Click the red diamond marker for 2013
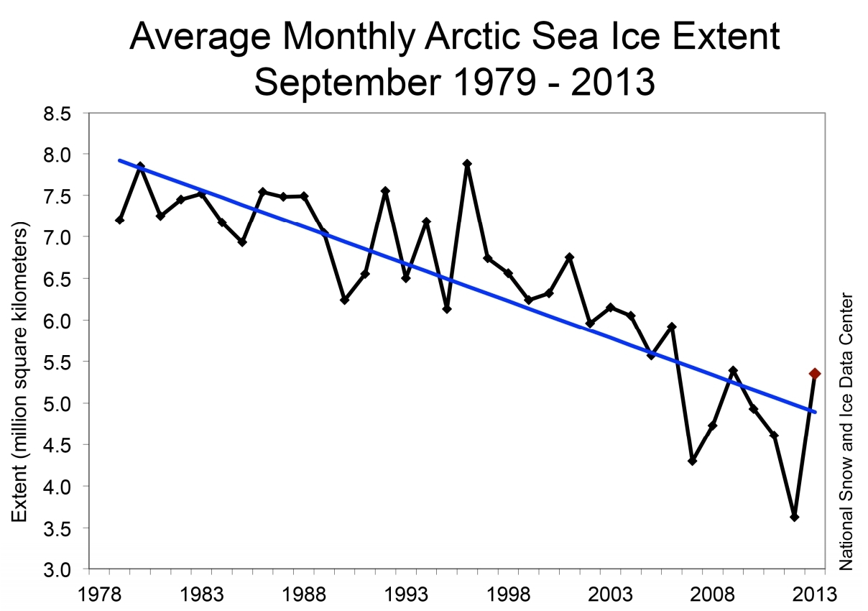click(x=815, y=373)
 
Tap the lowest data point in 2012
click(x=794, y=517)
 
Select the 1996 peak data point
click(x=467, y=164)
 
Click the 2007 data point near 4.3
click(x=692, y=461)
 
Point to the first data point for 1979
click(x=119, y=220)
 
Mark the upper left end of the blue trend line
click(x=120, y=160)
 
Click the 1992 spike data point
click(x=385, y=191)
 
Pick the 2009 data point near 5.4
click(x=733, y=370)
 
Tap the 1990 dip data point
click(x=344, y=300)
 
